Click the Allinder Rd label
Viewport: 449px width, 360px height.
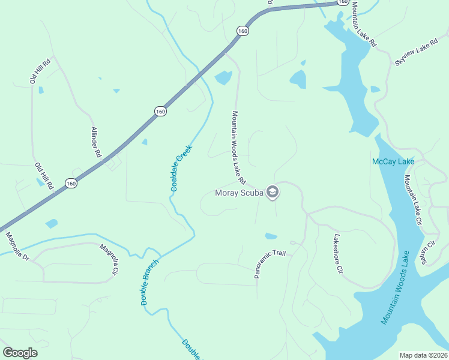click(96, 142)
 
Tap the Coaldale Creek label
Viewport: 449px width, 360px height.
click(181, 168)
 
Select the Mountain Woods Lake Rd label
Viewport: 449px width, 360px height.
click(239, 147)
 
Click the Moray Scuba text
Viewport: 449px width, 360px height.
click(240, 193)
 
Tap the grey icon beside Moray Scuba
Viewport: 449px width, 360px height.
click(273, 192)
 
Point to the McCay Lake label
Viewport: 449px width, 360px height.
click(393, 161)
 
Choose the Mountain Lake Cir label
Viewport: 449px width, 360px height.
click(414, 200)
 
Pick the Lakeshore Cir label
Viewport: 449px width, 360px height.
click(337, 254)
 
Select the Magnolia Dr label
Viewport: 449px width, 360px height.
click(17, 246)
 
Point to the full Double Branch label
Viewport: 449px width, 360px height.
click(151, 282)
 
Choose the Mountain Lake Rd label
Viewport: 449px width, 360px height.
click(364, 24)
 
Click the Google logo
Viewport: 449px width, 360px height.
click(20, 353)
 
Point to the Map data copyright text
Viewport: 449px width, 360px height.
click(424, 355)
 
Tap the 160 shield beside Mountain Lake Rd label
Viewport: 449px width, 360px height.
click(343, 2)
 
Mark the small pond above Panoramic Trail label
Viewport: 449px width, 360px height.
click(271, 236)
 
